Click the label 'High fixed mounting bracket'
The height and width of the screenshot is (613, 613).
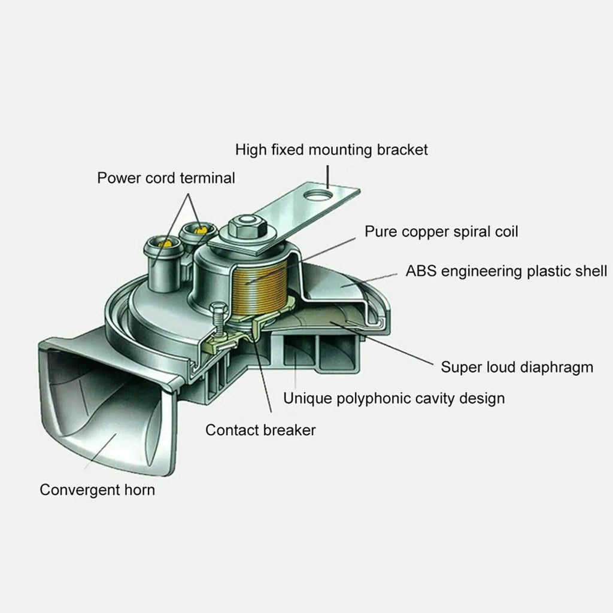coord(331,149)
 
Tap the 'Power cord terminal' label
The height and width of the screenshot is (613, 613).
coord(166,178)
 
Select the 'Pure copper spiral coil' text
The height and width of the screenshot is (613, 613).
coord(441,231)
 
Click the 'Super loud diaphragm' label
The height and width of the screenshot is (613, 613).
coord(517,366)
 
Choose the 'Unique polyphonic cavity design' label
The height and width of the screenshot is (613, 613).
coord(393,397)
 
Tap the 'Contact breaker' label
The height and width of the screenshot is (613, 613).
coord(260,430)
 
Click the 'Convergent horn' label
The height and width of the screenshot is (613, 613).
coord(97,490)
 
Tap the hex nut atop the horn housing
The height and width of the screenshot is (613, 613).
coord(244,226)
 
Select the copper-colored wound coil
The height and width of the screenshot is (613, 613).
coord(257,291)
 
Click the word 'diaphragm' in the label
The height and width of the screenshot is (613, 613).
coord(558,366)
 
